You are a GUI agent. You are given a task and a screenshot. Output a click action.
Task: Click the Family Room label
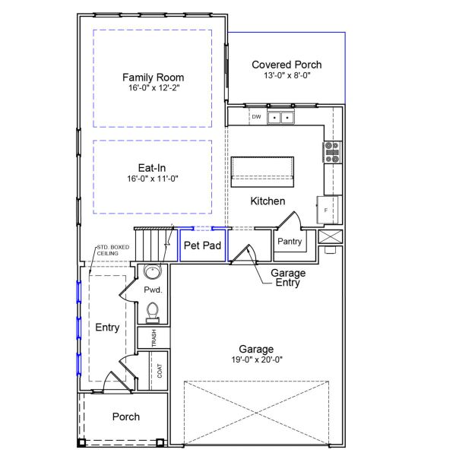point(153,78)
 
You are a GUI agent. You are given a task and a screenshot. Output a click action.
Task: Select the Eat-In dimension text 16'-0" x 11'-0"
point(153,179)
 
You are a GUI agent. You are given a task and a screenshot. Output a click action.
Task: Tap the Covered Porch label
point(287,65)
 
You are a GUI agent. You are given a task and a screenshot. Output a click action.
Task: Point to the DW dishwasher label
point(256,117)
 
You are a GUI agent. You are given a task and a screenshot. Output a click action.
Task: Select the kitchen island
point(262,169)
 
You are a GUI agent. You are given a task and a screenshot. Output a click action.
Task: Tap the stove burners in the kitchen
point(332,152)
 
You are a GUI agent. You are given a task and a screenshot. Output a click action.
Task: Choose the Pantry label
point(290,242)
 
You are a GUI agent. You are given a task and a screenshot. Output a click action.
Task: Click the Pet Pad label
point(202,245)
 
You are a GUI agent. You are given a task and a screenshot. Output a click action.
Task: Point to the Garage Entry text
point(288,278)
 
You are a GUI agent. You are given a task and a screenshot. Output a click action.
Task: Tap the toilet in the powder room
point(152,312)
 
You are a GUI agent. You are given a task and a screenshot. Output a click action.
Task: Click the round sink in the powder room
point(152,274)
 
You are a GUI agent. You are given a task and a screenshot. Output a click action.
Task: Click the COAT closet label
point(160,371)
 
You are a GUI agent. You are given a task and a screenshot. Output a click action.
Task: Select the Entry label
point(107,328)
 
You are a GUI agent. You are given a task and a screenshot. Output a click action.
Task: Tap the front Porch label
point(125,416)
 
